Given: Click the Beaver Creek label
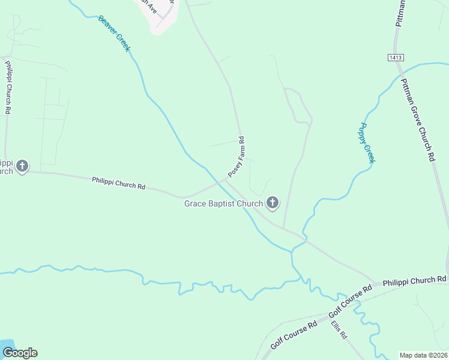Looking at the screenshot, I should coord(114,33).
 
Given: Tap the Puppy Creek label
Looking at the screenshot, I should coord(367,143).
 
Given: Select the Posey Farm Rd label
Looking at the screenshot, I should coord(237,157).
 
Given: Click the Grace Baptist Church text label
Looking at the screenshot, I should coord(223,204).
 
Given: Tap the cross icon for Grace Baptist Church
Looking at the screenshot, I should coord(273,203).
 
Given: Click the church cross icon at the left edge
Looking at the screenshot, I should coord(22,166).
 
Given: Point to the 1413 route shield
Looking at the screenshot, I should coord(395,57).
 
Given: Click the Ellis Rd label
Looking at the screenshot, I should coord(339,330).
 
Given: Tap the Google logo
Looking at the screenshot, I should coord(20,353).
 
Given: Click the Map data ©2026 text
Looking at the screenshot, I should coord(423,355).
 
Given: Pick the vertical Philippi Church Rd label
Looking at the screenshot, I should coord(8,87).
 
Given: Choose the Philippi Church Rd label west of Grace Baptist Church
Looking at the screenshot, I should coord(118,183).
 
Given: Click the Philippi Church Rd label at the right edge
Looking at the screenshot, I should coord(415,280).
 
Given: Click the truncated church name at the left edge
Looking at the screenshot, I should coord(6,167).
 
